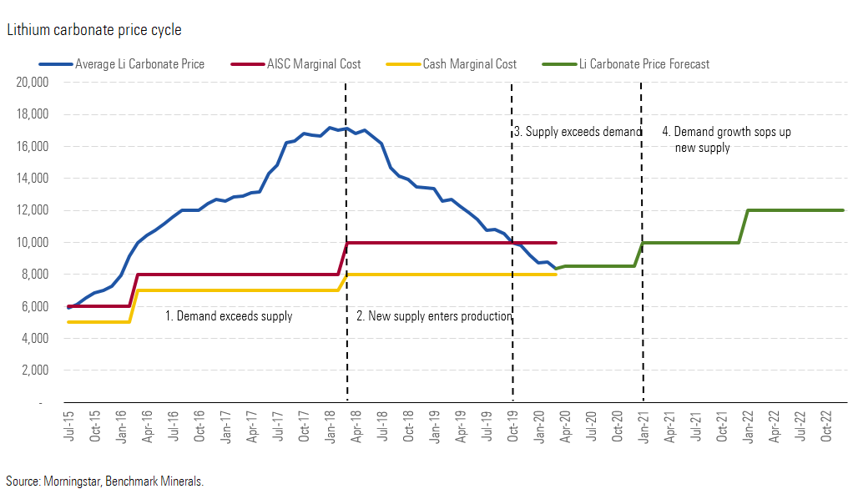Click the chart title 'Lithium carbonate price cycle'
click(x=93, y=30)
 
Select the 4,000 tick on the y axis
click(x=36, y=339)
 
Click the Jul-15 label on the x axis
click(x=68, y=425)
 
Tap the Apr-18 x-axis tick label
click(x=356, y=425)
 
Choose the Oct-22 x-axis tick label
click(x=828, y=425)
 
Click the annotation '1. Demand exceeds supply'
click(x=228, y=316)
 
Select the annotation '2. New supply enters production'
click(x=434, y=316)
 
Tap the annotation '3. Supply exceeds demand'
click(x=577, y=132)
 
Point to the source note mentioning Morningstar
click(x=104, y=481)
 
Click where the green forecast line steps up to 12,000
click(x=744, y=226)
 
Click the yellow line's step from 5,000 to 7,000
click(x=134, y=306)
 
